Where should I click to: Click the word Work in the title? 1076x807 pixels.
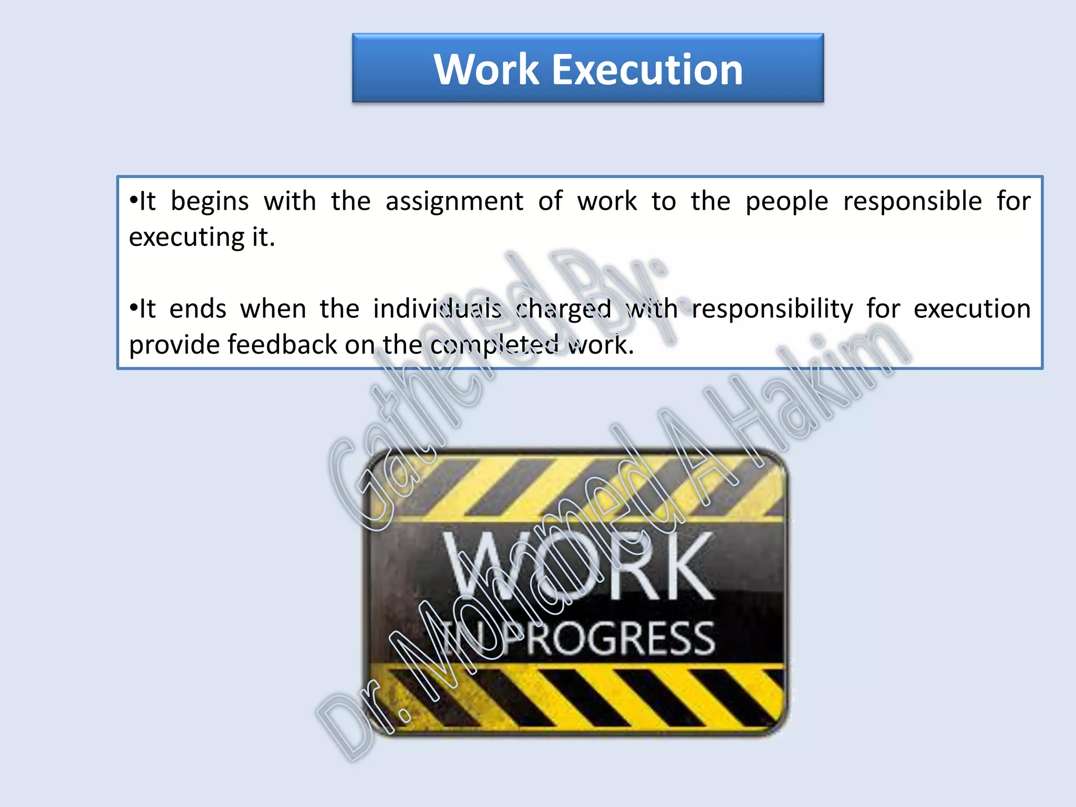(x=487, y=69)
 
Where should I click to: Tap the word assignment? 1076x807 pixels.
(x=454, y=201)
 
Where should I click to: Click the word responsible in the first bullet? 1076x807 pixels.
(x=913, y=201)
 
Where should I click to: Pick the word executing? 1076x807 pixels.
(x=187, y=238)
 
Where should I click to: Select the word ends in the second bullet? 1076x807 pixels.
(x=198, y=309)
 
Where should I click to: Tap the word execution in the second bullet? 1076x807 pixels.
(x=972, y=309)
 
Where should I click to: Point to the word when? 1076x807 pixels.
(x=273, y=309)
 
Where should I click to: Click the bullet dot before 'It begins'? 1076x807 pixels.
(x=133, y=201)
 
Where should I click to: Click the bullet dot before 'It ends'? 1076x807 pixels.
(x=133, y=308)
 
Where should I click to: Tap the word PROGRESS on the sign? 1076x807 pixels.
(x=620, y=638)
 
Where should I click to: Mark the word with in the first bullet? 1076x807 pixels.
(x=289, y=201)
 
